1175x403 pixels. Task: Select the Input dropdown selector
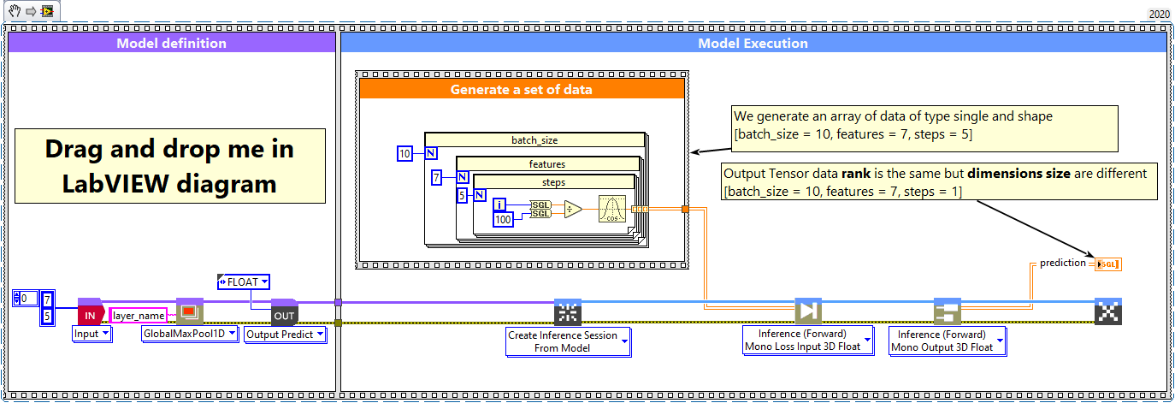(x=92, y=334)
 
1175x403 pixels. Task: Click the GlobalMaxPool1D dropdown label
(x=189, y=334)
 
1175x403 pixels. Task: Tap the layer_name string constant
(x=139, y=316)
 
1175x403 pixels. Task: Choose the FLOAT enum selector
(x=245, y=282)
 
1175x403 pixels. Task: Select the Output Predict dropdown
(x=286, y=335)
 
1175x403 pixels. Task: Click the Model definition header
(x=171, y=43)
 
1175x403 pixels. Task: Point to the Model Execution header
(x=753, y=43)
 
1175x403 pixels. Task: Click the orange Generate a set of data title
(x=522, y=89)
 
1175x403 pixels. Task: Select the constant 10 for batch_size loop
(x=404, y=154)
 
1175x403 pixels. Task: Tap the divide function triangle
(x=573, y=209)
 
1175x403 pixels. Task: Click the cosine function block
(x=612, y=209)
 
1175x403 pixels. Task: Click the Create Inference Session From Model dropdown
(x=568, y=341)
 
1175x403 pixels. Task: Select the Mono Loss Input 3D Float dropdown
(x=807, y=341)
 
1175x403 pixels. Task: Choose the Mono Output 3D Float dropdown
(x=947, y=341)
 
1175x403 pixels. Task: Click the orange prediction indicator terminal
(x=1107, y=264)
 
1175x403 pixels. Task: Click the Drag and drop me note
(x=169, y=165)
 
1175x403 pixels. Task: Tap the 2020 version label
(x=1158, y=15)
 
